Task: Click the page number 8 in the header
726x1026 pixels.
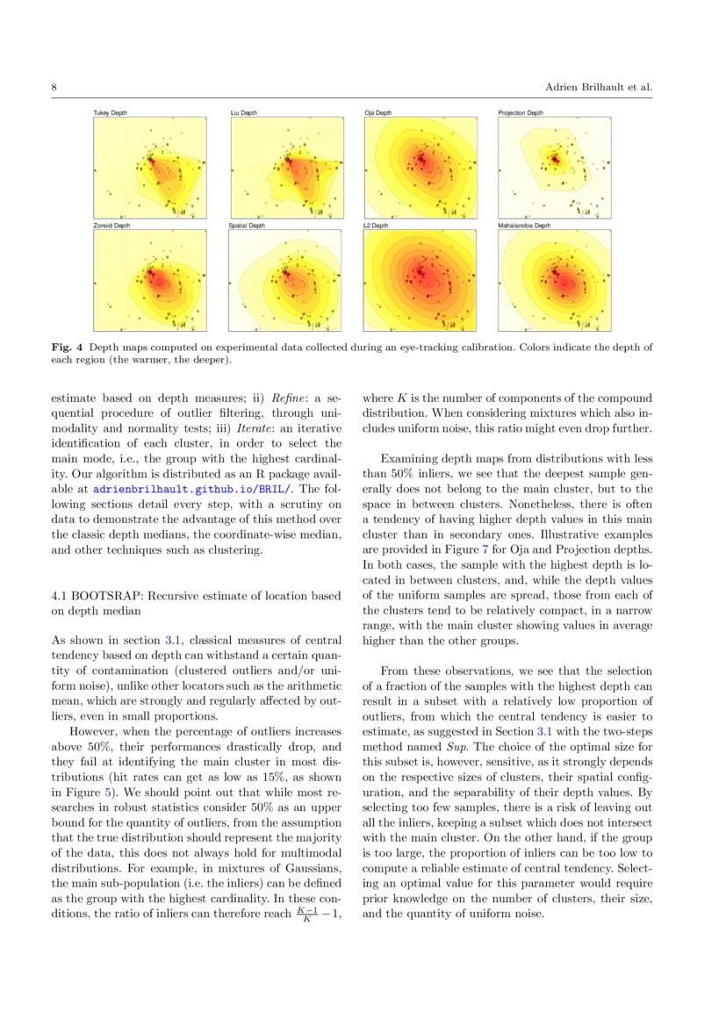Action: [54, 88]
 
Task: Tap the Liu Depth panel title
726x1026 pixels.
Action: [244, 113]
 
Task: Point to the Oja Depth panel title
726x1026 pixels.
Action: [378, 113]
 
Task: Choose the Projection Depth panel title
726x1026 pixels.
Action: [521, 113]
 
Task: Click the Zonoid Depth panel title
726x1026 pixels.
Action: [111, 226]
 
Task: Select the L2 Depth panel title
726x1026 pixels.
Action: [376, 226]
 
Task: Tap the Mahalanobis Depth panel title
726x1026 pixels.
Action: [524, 226]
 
